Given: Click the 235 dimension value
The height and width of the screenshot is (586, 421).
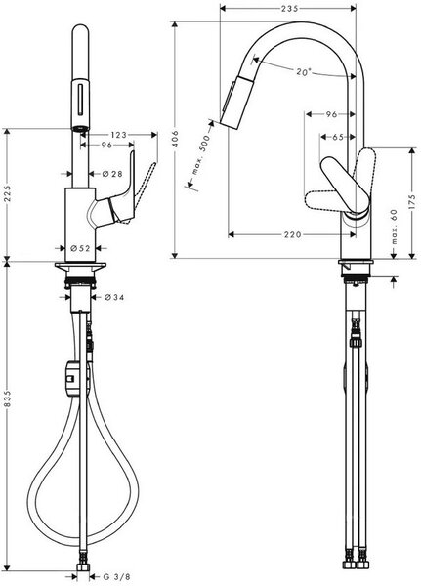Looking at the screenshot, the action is point(290,8).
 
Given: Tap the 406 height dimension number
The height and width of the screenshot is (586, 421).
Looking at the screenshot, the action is point(176,139).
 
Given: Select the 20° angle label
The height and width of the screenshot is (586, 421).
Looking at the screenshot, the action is point(304,71).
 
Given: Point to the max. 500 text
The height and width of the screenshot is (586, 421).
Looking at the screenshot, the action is point(201,155).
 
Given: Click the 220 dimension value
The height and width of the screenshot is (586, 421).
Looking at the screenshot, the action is point(292,234).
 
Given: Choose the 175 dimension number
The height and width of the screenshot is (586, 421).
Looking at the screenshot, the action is point(411,202).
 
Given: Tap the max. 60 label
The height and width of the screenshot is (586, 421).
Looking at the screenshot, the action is point(394,227).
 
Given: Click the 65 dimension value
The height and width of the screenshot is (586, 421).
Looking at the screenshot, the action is point(338,137).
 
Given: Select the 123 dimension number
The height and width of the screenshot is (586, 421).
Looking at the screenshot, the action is point(119,135).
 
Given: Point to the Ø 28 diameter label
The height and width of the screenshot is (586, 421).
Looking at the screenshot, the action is point(112,174).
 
